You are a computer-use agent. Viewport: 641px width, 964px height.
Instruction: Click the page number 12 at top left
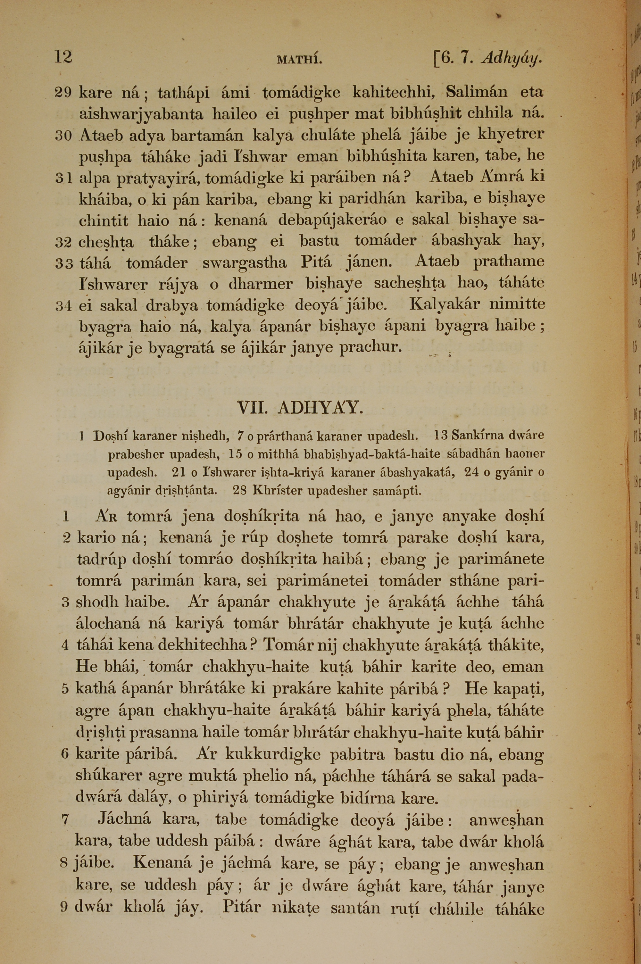point(63,57)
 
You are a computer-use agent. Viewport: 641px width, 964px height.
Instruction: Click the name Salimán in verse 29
point(476,92)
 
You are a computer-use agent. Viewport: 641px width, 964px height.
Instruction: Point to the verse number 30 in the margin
point(63,136)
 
